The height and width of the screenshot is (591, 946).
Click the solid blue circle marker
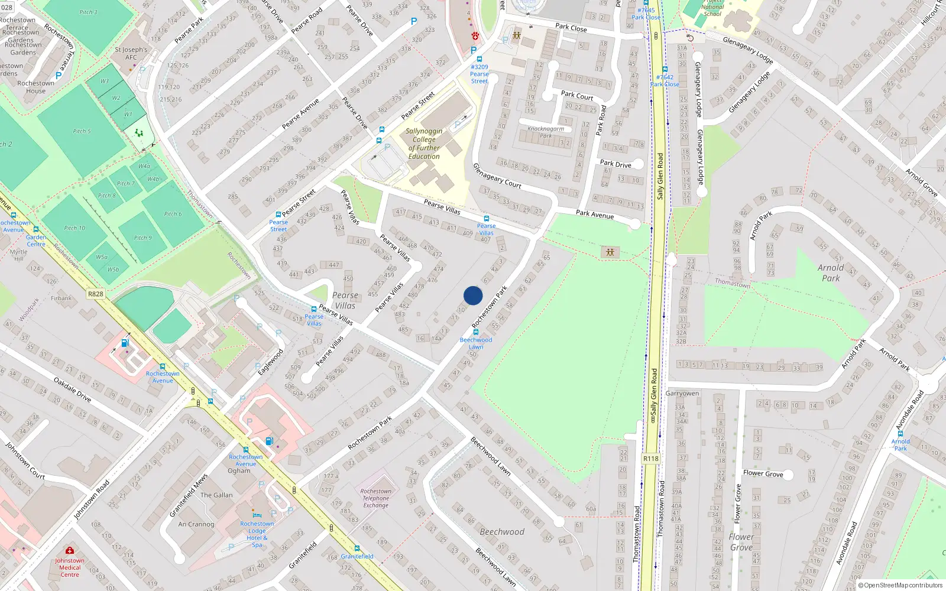tap(473, 295)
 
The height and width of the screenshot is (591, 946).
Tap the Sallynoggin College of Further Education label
tap(424, 144)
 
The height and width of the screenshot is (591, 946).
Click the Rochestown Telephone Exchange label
tap(376, 498)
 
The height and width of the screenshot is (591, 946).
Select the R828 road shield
tap(95, 294)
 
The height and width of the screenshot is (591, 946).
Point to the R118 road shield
tap(650, 459)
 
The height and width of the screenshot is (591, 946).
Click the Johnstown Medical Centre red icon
tap(70, 550)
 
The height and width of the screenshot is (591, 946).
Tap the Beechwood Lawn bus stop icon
tap(476, 332)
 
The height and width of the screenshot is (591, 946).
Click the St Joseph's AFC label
tap(131, 54)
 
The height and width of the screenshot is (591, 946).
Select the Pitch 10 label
tap(74, 228)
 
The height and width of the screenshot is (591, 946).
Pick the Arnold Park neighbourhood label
tap(830, 273)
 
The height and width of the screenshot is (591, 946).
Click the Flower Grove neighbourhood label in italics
tap(741, 542)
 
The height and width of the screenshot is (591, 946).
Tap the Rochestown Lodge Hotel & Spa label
tap(257, 534)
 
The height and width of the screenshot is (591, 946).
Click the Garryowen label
tap(682, 394)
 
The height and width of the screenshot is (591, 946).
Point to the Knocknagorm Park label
tap(545, 132)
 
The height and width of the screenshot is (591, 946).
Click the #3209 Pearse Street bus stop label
tap(480, 74)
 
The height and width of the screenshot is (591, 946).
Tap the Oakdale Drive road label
tap(72, 390)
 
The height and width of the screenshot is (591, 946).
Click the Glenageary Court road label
tap(497, 176)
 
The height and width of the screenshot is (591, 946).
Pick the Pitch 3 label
tap(88, 12)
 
